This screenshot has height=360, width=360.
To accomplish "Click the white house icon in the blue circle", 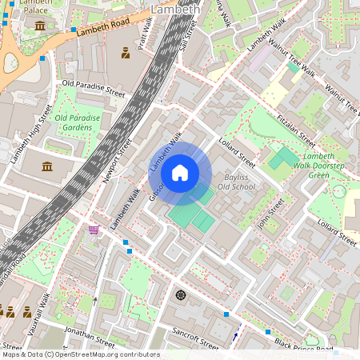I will pyautogui.click(x=180, y=172).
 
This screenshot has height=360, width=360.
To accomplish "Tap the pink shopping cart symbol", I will pyautogui.click(x=94, y=230).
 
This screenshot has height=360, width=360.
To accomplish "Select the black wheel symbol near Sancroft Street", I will pyautogui.click(x=180, y=295).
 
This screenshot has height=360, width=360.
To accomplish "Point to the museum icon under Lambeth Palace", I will pyautogui.click(x=40, y=26).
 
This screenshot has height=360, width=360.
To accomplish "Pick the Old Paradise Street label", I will pyautogui.click(x=94, y=88).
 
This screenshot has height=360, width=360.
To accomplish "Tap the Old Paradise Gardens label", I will pyautogui.click(x=78, y=122).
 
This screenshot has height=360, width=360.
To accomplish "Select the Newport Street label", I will pyautogui.click(x=117, y=162).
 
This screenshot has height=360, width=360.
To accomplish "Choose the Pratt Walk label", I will pyautogui.click(x=146, y=35).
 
